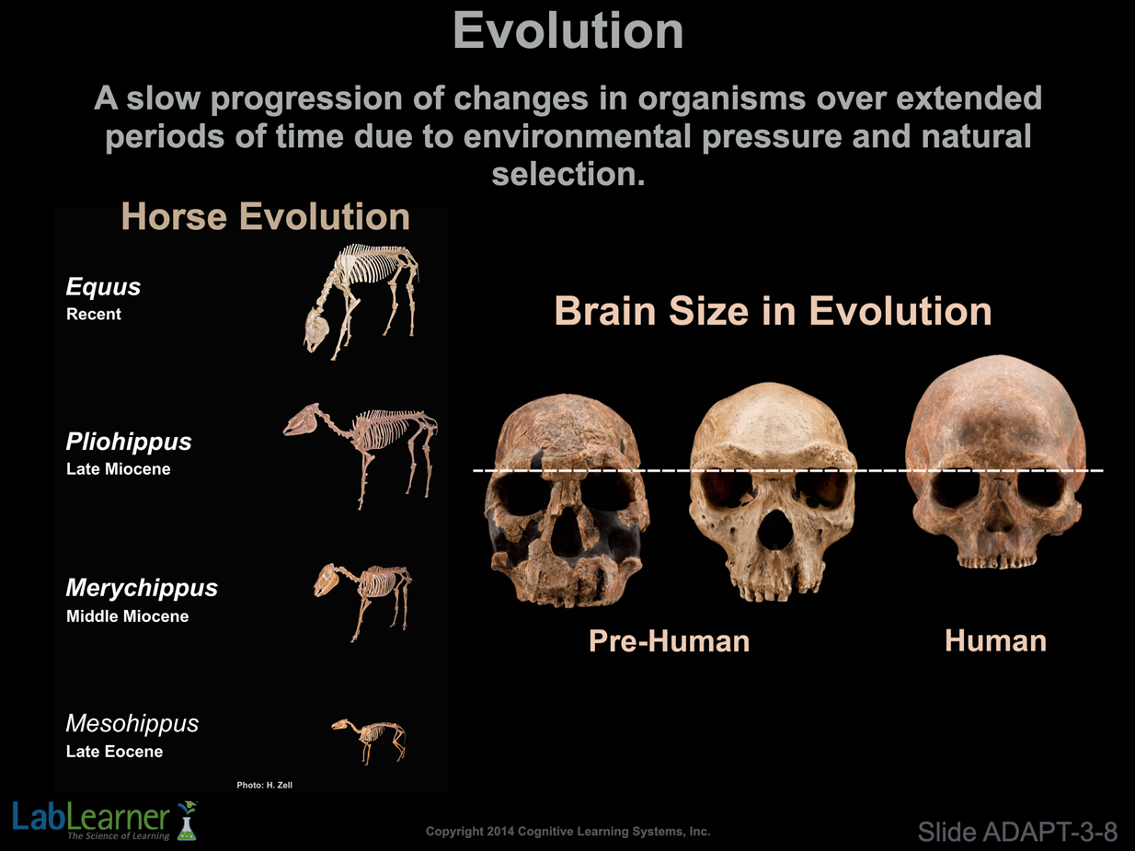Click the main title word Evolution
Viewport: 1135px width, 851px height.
(567, 31)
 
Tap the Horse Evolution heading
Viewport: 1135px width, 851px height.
(265, 216)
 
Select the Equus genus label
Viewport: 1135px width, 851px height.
(103, 287)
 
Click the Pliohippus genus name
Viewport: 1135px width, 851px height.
(129, 442)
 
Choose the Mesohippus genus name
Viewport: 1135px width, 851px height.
(132, 723)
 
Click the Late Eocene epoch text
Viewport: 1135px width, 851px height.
(114, 752)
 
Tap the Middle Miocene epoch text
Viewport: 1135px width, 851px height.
(127, 616)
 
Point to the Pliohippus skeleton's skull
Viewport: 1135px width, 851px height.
(302, 420)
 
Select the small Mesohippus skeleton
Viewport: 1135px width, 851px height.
(369, 741)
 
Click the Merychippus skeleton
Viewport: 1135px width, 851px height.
(362, 602)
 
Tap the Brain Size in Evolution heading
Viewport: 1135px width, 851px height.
(773, 311)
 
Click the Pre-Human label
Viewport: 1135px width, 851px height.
(669, 641)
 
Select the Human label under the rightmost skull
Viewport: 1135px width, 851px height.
(995, 641)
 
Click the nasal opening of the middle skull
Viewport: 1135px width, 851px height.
(774, 530)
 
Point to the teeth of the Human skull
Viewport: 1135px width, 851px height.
(996, 562)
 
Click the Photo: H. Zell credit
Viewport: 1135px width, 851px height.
(265, 785)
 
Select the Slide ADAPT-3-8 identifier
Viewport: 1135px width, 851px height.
(1017, 832)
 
